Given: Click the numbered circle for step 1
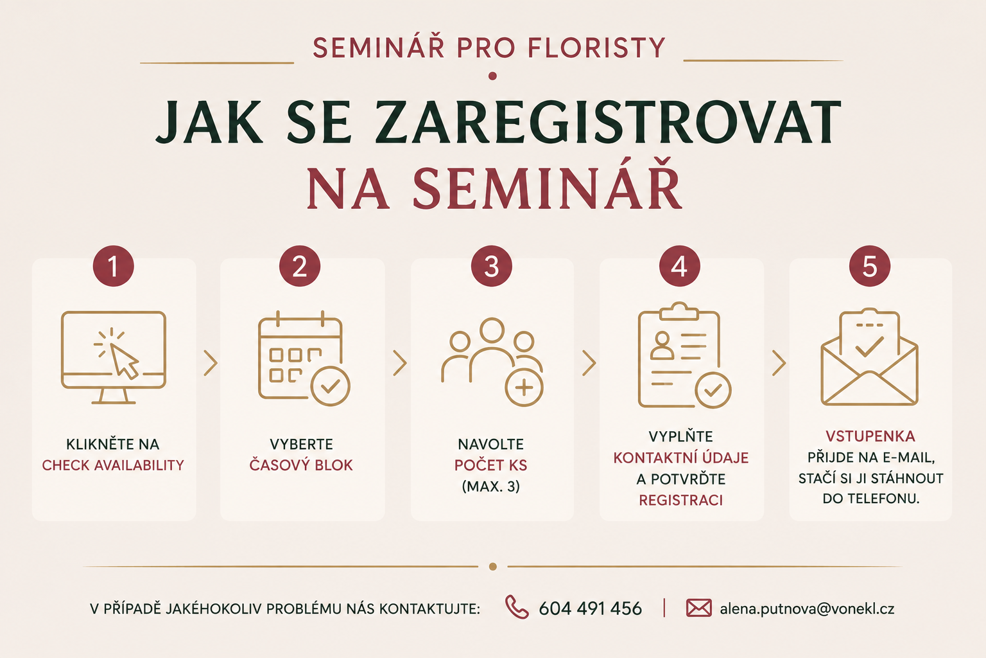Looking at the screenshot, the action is point(113,266).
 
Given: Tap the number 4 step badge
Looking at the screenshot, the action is point(679,266).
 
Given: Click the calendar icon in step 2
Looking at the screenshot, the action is point(304,358).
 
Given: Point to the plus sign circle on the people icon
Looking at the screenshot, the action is point(524,388).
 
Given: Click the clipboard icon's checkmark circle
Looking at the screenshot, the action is point(713,390).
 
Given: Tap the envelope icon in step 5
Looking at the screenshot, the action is point(869,357).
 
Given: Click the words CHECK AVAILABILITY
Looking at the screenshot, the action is point(113,465).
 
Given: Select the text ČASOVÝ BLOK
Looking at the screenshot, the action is point(301,465).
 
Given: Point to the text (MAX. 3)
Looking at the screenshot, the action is point(491,486).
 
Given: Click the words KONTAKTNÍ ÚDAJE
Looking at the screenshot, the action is point(681,458).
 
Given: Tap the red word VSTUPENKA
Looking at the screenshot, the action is point(870,436).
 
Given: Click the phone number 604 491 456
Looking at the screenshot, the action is point(591,609).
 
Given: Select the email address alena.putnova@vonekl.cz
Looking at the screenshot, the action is point(807,609).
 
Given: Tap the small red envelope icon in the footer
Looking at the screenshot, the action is point(698,608).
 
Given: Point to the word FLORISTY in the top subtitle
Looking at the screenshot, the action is point(596,48).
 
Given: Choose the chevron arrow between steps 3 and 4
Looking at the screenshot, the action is point(589,363).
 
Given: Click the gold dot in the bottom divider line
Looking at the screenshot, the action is point(493,566).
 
